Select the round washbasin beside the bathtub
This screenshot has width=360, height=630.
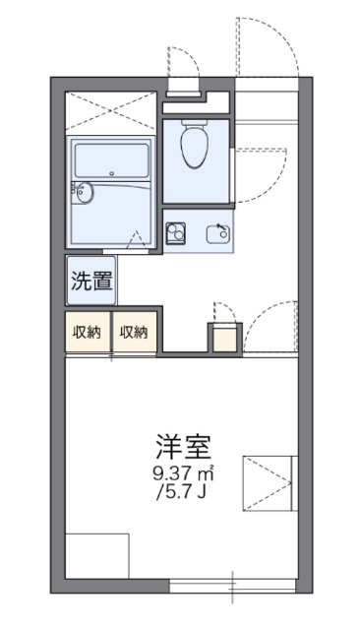(84, 193)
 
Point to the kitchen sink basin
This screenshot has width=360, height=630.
(218, 234)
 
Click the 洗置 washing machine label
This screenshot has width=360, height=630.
(90, 280)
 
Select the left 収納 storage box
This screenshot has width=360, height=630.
(88, 332)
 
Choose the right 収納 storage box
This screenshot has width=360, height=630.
(135, 332)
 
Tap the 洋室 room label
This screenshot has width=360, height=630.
(183, 445)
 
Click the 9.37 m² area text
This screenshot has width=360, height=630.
(183, 473)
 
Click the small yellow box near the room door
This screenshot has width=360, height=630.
(223, 338)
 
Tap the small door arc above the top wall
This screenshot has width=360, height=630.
(183, 69)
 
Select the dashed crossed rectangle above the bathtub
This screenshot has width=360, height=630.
(110, 111)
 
